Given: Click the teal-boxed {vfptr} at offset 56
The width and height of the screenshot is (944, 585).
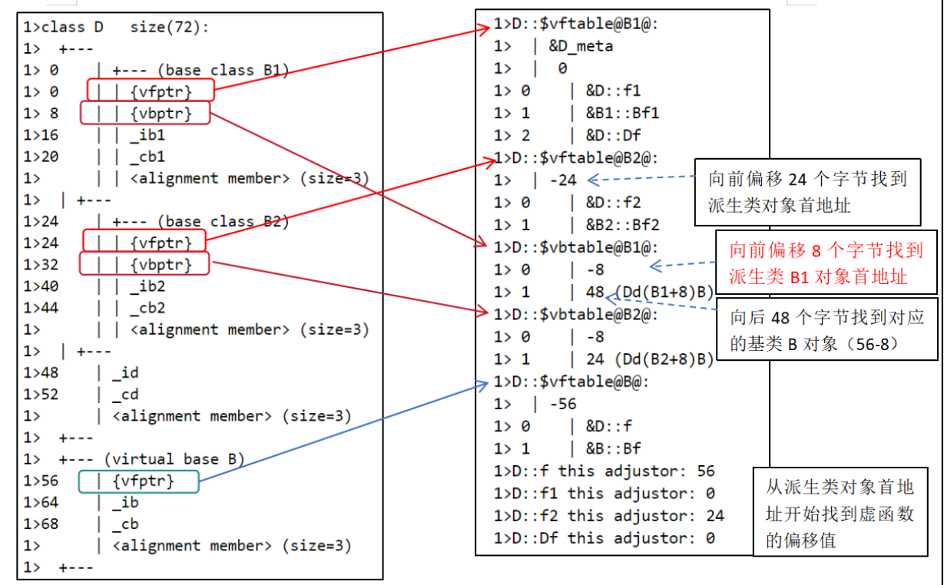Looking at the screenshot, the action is click(139, 481).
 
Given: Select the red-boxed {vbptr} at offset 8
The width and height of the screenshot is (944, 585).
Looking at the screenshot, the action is click(145, 113).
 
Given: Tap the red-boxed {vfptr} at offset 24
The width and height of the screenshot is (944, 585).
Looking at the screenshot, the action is click(144, 241).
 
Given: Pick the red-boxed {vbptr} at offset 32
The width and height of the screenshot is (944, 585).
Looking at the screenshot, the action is click(144, 263).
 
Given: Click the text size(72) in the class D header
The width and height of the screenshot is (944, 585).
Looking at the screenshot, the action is click(169, 28).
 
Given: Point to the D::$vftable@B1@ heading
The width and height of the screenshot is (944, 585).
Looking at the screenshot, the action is click(575, 24).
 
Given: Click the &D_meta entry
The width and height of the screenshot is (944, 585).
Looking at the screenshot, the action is click(581, 46).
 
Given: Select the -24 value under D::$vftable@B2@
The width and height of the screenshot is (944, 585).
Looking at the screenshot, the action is click(564, 180).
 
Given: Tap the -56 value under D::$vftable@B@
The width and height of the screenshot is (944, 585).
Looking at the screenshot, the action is click(564, 405).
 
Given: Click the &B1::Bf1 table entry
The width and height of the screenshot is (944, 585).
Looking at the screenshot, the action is click(622, 114).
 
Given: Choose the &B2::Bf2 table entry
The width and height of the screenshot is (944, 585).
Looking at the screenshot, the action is click(622, 225).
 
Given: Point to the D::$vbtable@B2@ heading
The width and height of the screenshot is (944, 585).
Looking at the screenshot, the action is click(575, 315).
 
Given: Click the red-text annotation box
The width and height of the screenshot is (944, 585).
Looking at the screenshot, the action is click(826, 262).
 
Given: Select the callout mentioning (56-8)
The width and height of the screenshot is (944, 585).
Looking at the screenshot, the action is click(827, 329).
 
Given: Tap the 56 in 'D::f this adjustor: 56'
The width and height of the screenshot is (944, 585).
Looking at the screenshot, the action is click(706, 471).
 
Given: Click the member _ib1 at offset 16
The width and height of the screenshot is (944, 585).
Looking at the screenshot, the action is click(147, 135).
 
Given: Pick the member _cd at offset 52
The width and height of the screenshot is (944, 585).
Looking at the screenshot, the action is click(126, 395).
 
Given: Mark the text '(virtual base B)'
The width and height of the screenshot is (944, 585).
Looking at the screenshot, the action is click(174, 459).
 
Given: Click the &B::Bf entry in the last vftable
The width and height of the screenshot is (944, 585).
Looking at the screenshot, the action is click(613, 449).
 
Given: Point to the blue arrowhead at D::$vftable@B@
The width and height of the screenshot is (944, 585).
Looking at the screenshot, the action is click(483, 385).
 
